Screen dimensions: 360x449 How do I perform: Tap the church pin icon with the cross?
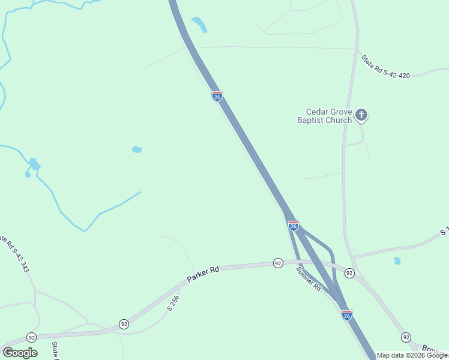(x=361, y=114)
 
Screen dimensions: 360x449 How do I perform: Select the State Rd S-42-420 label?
(x=385, y=67)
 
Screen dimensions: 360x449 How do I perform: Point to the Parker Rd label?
(x=202, y=274)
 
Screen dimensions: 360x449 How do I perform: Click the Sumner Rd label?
(x=309, y=279)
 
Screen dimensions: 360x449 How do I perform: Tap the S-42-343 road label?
(x=16, y=254)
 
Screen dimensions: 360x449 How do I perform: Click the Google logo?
(x=20, y=353)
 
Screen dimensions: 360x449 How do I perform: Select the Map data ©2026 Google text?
(x=412, y=355)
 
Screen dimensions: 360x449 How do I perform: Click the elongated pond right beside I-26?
(x=199, y=24)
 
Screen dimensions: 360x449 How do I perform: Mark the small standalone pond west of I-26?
(x=137, y=149)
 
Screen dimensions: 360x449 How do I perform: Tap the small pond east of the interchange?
(x=397, y=261)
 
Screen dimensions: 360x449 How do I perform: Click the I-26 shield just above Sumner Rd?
(x=293, y=225)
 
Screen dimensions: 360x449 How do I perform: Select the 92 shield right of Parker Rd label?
(x=277, y=263)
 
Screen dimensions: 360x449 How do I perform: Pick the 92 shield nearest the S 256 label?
(x=123, y=323)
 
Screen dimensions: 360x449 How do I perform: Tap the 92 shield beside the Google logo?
(x=31, y=337)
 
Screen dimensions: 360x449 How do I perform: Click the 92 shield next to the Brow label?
(x=406, y=337)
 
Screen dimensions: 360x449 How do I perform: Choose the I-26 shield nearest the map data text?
(x=346, y=314)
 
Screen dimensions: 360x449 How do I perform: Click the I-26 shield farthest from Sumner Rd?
(x=217, y=96)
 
